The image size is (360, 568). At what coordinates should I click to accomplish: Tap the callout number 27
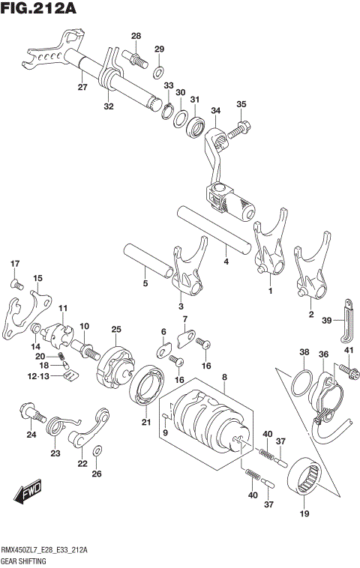pos(82,88)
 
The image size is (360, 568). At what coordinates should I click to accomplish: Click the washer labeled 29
pos(159,73)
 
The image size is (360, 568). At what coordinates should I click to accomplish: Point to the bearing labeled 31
pos(197,125)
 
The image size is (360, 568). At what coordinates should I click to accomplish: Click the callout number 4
pos(225,262)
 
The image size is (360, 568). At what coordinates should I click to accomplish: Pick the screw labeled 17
pos(14,283)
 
